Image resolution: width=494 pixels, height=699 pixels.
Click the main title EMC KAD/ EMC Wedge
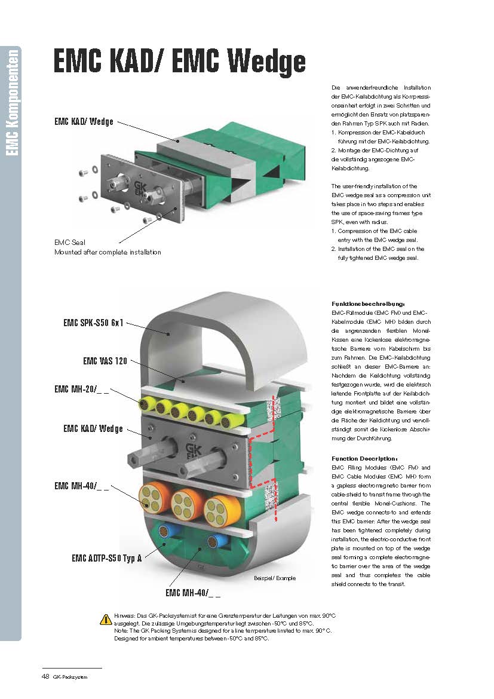[179, 62]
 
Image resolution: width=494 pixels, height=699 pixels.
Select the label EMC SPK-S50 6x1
[93, 323]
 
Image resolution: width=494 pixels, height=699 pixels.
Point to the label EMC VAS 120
[105, 361]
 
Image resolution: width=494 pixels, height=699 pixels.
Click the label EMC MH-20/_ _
[81, 390]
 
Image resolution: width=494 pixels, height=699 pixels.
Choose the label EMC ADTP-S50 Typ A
[106, 559]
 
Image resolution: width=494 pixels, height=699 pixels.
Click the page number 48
[45, 676]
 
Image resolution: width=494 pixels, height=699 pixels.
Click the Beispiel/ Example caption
[274, 578]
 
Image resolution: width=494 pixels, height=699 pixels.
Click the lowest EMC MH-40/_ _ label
[192, 594]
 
